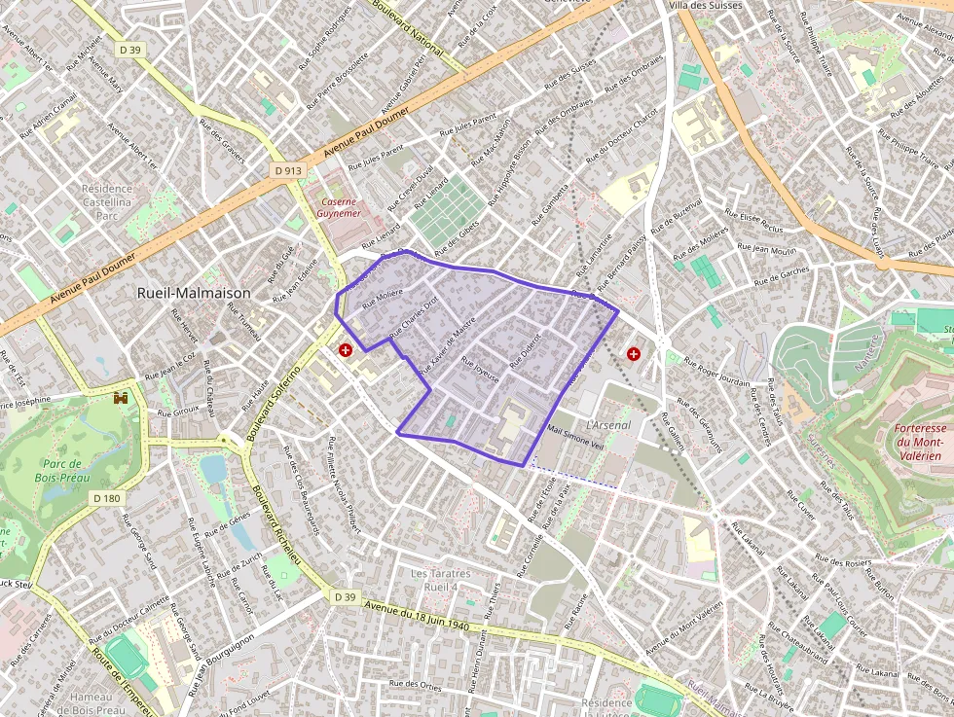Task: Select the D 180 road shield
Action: click(x=108, y=498)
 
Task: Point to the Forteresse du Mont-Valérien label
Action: click(x=919, y=442)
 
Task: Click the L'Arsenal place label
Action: click(x=608, y=425)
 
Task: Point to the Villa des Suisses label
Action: click(x=704, y=5)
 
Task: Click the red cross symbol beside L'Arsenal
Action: click(x=635, y=354)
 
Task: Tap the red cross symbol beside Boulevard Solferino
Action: click(x=345, y=349)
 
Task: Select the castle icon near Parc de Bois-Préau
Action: click(x=121, y=398)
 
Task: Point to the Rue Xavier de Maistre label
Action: click(x=448, y=346)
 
